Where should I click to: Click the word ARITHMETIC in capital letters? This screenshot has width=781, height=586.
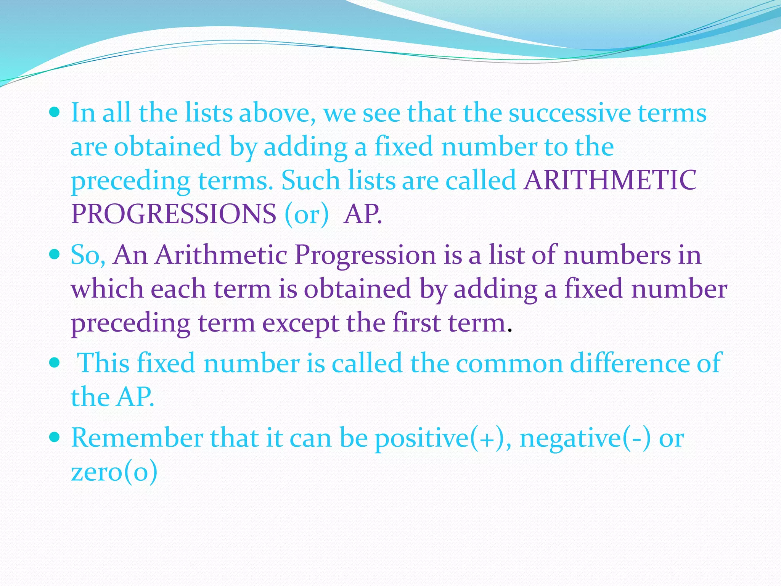click(610, 180)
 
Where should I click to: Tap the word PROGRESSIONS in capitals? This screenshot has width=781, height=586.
click(174, 214)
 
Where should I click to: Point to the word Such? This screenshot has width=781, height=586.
click(310, 180)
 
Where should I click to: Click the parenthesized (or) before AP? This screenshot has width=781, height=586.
click(306, 214)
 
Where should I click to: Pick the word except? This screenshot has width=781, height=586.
click(301, 324)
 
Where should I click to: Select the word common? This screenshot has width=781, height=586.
click(509, 363)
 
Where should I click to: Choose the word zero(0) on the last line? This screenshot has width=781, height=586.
click(114, 472)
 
